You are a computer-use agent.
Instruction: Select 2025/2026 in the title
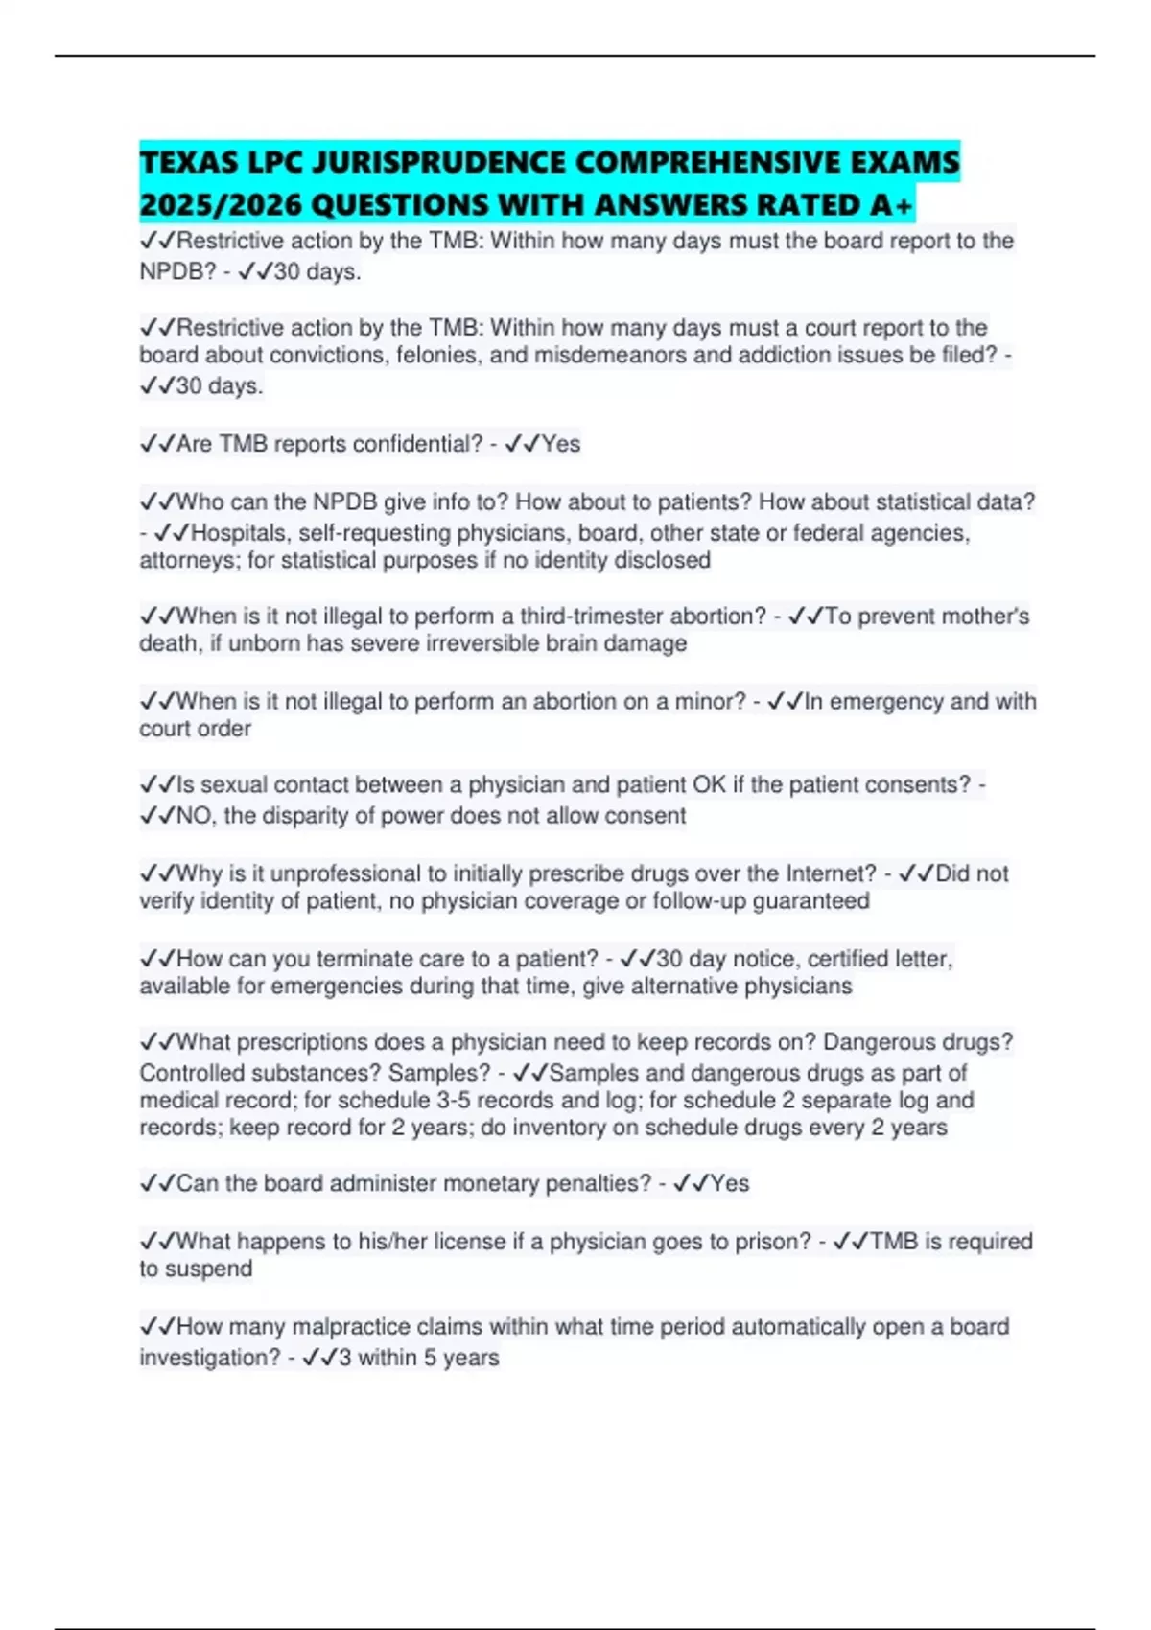[x=222, y=205]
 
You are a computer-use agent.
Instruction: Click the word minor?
[x=711, y=702]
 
